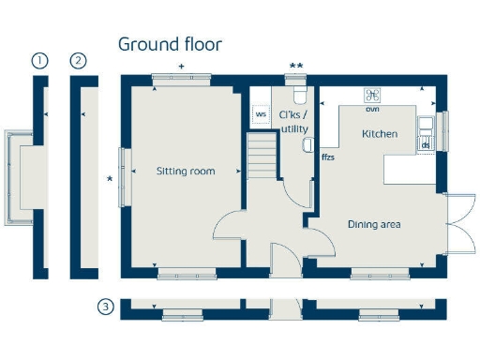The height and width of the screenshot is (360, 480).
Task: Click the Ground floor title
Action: pos(170,44)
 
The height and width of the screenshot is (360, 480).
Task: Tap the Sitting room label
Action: pos(186,172)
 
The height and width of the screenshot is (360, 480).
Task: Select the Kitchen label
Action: pos(380,134)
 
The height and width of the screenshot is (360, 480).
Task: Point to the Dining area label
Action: pos(374,224)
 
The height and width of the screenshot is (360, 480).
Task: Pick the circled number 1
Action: pos(39,61)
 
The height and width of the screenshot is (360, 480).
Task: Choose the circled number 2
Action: pos(79,61)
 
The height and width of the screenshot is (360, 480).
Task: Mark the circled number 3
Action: pos(106,307)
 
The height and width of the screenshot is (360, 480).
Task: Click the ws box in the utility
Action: pos(261,114)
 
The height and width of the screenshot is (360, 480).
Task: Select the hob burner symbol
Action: pos(372,95)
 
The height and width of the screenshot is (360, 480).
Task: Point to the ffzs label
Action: pos(328,157)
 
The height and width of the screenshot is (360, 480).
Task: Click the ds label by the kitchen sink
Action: pos(425,145)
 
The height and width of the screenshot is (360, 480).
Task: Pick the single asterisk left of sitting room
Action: pos(110,178)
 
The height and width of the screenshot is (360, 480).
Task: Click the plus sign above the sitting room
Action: pos(181,66)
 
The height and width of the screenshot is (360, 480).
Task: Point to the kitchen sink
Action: pos(426,125)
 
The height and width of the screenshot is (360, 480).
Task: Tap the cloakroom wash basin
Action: pos(307,143)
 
